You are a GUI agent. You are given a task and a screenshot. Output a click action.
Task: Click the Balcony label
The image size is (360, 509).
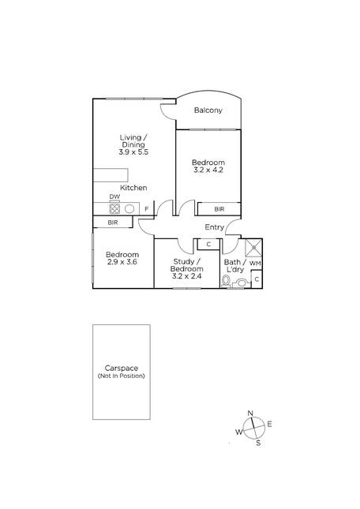[208, 110]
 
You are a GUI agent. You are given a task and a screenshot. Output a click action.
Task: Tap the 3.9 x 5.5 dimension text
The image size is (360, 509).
[133, 152]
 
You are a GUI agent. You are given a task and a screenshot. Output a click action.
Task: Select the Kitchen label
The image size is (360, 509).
[133, 188]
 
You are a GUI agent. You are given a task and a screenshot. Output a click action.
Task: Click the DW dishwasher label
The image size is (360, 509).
[114, 196]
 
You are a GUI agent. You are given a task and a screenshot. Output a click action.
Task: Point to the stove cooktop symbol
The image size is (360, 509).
[114, 208]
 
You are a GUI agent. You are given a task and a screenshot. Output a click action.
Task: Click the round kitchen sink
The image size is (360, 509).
[129, 208]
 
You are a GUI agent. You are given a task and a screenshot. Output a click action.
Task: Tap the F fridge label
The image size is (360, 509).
[146, 209]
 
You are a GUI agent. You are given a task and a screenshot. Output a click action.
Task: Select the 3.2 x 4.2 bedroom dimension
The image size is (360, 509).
[208, 170]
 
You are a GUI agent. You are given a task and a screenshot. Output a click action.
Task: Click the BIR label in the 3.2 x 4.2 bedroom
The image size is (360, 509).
[219, 209]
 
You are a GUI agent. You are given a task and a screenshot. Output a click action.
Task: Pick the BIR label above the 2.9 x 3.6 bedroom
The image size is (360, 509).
[113, 223]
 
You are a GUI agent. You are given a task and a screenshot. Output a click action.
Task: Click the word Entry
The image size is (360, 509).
[214, 227]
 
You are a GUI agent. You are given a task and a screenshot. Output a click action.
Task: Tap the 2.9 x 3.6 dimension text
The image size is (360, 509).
[122, 262]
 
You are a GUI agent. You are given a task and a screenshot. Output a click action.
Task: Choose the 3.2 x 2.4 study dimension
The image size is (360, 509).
[186, 276]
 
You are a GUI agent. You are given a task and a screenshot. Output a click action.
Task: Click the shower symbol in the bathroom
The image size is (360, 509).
[253, 249]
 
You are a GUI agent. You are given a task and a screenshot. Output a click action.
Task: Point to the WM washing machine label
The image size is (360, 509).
[255, 264]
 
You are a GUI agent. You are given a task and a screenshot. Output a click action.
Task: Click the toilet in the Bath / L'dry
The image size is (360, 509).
[226, 280]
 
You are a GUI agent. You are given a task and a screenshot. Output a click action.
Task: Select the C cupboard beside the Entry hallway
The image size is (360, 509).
[208, 245]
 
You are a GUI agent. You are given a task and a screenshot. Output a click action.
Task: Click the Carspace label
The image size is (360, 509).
[121, 368]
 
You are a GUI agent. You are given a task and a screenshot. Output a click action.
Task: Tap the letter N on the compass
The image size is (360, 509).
[250, 414]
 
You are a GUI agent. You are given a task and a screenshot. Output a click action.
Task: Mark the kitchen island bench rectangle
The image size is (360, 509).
[111, 175]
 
